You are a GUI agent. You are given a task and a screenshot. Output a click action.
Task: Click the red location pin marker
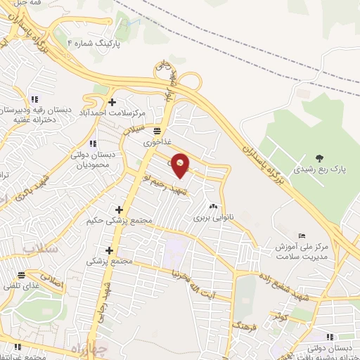pos(180,165)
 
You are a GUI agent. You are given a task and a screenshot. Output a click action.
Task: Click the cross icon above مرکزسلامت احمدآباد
pos(112,101)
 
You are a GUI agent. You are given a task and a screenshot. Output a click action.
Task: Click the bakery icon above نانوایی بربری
pos(212,207)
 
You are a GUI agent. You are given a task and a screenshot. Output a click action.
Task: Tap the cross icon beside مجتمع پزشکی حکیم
pos(118,210)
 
